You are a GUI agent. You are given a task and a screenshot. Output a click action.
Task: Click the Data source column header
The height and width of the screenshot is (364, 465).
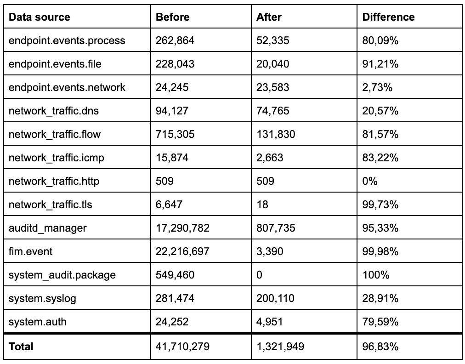40,17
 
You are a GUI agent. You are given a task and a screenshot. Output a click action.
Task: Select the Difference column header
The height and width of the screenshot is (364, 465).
388,17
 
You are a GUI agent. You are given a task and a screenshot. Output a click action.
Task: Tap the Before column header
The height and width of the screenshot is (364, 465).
172,17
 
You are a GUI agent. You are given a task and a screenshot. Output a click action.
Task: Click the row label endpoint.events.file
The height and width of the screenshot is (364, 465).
55,64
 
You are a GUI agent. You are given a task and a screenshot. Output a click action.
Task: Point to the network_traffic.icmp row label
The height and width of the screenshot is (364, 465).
57,158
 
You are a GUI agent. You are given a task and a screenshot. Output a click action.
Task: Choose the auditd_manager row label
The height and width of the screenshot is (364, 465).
47,228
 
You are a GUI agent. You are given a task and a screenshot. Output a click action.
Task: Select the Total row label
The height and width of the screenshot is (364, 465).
21,347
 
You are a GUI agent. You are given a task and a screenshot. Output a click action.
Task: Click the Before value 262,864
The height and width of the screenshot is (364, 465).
175,41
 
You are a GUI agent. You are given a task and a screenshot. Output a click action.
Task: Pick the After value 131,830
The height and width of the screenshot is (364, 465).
276,135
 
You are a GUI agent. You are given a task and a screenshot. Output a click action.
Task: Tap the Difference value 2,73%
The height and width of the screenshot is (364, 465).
377,88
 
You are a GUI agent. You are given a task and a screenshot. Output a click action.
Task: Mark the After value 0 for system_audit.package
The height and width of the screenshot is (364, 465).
260,275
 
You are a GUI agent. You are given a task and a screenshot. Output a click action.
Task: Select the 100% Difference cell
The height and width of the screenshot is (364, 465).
376,275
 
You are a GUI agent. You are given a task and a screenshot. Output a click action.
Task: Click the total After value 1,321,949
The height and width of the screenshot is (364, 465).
280,347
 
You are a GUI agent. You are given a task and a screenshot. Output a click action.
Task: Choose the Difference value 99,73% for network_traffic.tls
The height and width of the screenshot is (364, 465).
380,205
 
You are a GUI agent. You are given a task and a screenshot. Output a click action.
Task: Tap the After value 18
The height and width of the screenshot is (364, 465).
262,205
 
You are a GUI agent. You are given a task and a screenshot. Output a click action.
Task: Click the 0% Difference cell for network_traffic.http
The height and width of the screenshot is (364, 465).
370,181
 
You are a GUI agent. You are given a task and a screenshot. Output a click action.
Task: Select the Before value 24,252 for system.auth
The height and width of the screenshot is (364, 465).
172,322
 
